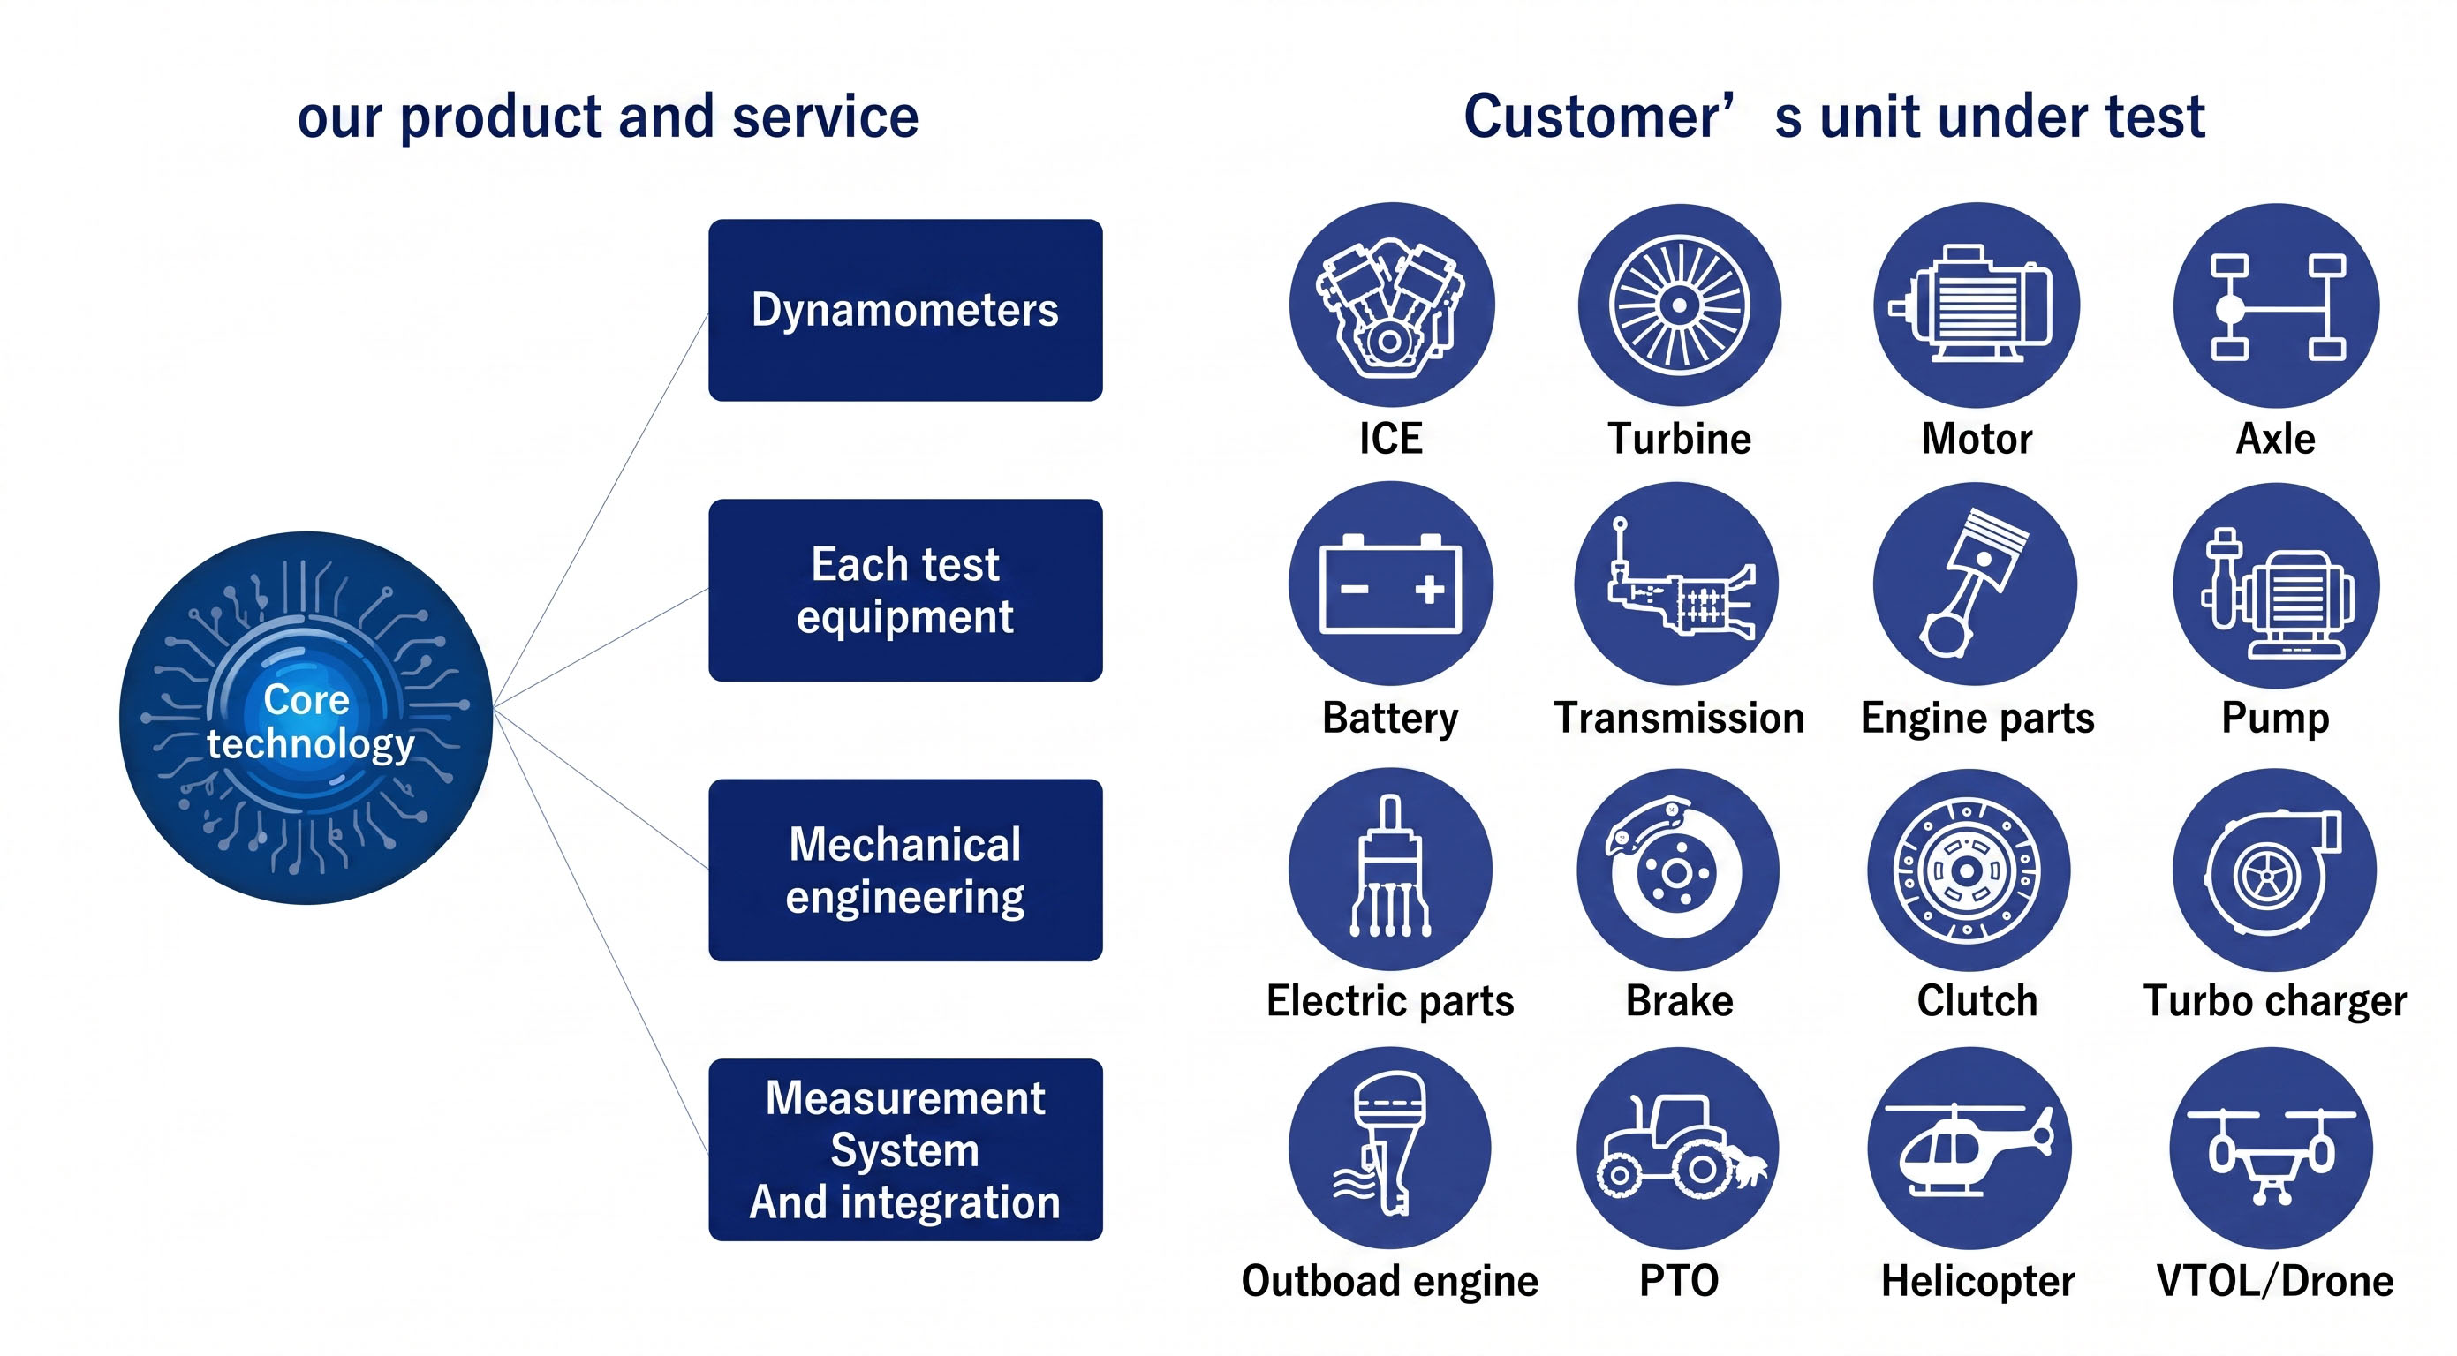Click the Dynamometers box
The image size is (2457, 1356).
905,310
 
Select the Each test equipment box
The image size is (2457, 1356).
905,590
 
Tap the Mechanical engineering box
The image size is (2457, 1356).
905,870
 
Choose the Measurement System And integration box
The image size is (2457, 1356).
905,1149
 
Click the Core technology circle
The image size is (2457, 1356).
306,718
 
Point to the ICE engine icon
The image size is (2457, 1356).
1392,305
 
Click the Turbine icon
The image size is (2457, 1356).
1679,305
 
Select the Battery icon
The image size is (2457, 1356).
1391,584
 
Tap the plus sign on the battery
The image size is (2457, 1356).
1429,588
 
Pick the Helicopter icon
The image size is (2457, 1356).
1969,1149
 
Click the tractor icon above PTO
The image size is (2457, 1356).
1678,1149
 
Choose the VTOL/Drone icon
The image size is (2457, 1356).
2271,1149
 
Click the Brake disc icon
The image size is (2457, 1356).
1678,870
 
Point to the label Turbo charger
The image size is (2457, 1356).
2275,1001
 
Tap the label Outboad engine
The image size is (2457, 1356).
1390,1281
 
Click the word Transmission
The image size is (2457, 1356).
1679,718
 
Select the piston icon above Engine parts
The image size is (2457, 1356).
1975,584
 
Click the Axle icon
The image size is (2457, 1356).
2276,305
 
